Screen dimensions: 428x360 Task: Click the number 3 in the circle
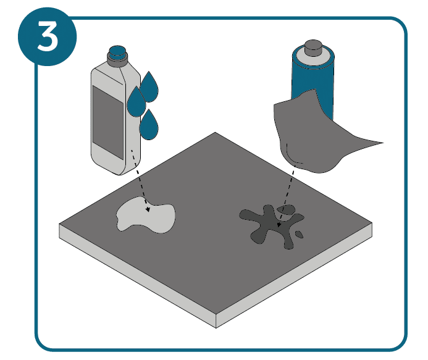pos(48,36)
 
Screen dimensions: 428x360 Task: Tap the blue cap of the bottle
pos(117,51)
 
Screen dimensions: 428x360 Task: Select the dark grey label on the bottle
pos(108,122)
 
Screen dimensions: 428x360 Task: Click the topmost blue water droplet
pos(149,87)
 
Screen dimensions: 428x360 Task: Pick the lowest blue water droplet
pos(149,125)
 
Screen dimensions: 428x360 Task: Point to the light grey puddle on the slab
pos(146,216)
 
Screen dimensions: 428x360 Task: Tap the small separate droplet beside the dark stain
pos(299,235)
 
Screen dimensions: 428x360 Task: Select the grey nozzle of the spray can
pos(313,48)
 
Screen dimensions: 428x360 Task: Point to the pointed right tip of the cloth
pos(384,143)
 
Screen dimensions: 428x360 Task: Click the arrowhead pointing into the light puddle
pos(148,209)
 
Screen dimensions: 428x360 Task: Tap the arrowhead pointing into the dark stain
pos(279,225)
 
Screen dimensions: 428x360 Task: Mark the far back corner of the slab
pos(215,132)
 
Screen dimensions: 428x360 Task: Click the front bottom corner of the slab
pos(216,328)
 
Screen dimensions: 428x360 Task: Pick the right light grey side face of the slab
pos(294,275)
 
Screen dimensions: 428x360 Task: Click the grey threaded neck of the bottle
pos(117,59)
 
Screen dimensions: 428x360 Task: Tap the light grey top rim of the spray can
pos(313,59)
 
